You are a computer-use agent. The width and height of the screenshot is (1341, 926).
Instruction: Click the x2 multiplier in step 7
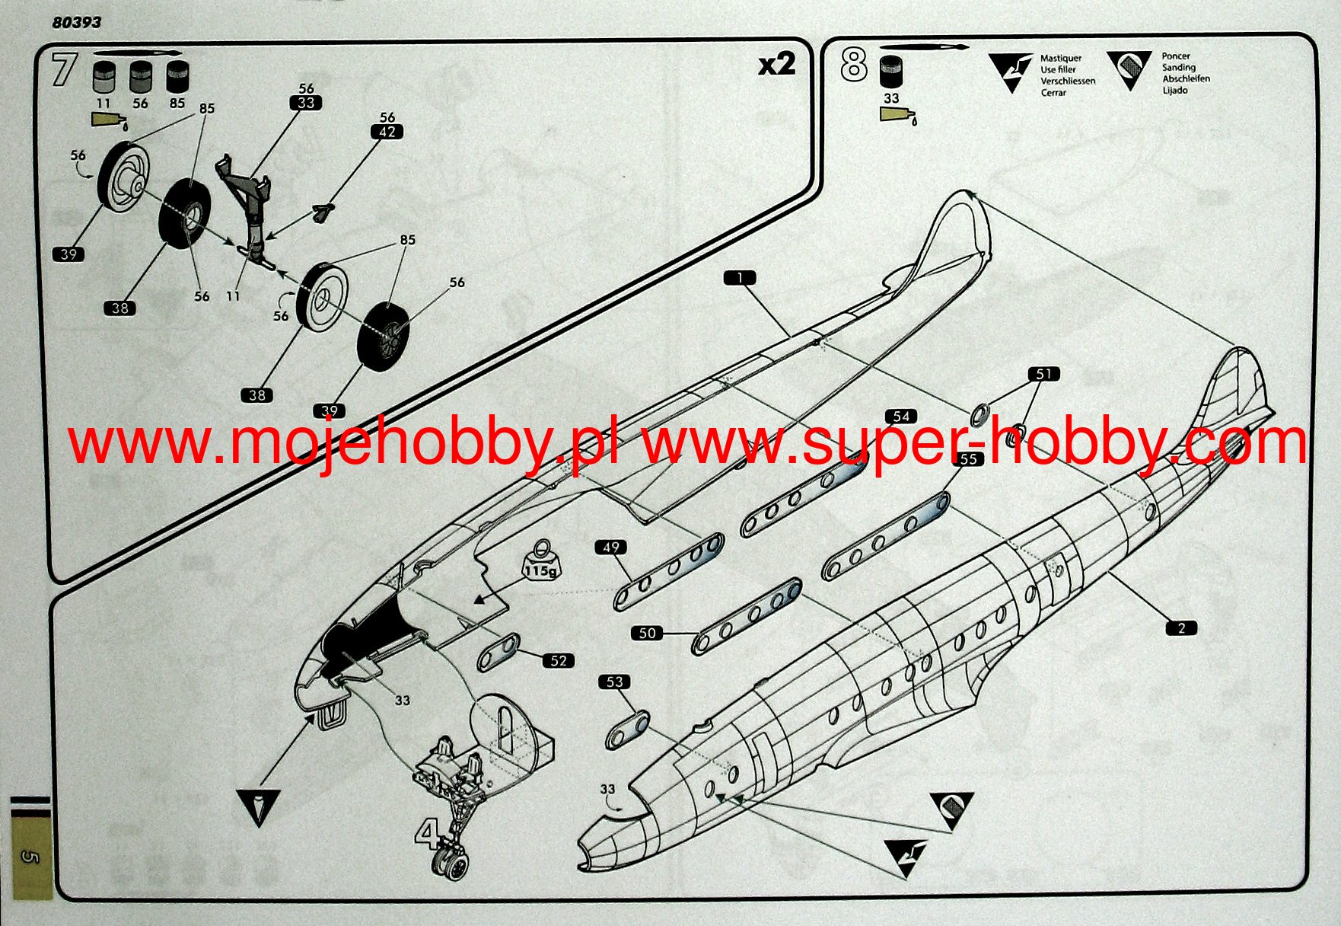tap(776, 65)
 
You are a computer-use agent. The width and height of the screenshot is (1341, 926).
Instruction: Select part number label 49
tap(611, 547)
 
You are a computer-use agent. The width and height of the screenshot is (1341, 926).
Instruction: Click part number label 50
tap(647, 633)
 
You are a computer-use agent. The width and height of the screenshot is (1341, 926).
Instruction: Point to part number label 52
tap(559, 660)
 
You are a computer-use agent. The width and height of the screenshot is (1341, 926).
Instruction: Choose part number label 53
tap(614, 682)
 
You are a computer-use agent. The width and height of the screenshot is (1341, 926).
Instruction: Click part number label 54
tap(901, 416)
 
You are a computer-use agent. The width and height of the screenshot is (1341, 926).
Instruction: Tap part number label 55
tap(968, 458)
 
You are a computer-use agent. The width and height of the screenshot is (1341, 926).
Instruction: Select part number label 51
tap(1043, 374)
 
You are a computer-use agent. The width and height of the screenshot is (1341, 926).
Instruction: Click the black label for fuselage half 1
tap(740, 278)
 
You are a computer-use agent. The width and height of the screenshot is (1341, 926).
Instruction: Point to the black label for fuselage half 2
tap(1181, 628)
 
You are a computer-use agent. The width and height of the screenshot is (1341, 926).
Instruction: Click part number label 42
tap(387, 132)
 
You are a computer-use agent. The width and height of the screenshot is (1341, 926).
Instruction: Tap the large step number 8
tap(854, 64)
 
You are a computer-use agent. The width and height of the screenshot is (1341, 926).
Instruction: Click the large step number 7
tap(64, 69)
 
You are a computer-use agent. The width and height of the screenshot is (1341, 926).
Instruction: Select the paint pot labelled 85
tap(177, 78)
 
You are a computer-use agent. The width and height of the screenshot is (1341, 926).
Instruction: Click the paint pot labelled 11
tap(104, 78)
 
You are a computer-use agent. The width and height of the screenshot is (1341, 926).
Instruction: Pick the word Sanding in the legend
tap(1178, 68)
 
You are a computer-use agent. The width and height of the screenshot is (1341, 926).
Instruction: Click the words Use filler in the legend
tap(1058, 69)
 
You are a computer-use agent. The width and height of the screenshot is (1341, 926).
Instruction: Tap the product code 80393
tap(76, 22)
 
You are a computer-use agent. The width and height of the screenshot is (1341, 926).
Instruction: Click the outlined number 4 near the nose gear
tap(428, 835)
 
